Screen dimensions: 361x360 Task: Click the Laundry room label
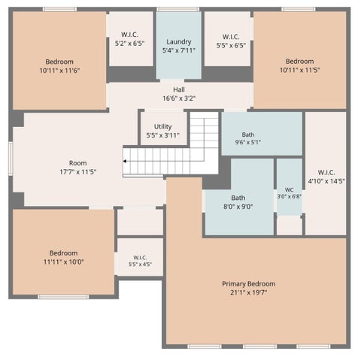point(179,41)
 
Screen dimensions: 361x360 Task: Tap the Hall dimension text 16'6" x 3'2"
point(179,98)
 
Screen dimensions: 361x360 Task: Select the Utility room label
point(162,126)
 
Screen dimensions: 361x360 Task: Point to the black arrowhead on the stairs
point(124,161)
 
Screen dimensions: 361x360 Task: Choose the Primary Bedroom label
point(249,284)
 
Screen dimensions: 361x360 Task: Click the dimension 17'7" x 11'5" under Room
point(78,172)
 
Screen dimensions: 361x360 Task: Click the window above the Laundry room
point(178,9)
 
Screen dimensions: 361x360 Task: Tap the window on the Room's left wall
point(11,159)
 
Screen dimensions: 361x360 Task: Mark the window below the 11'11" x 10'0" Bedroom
point(63,297)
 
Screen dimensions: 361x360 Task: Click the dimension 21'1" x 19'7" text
point(249,292)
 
